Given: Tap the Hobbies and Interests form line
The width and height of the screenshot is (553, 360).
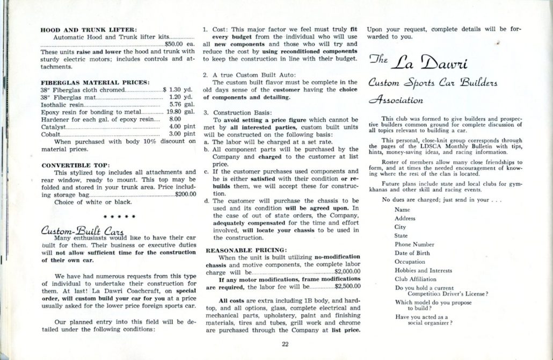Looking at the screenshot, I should coord(424,270).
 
